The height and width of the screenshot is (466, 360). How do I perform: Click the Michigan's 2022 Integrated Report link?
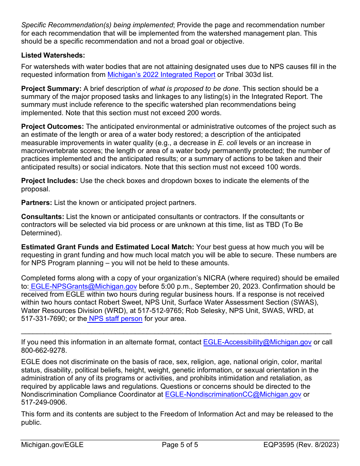coord(161,75)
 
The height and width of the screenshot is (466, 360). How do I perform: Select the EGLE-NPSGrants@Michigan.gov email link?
coord(83,286)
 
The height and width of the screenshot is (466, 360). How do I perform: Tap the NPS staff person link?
coord(116,319)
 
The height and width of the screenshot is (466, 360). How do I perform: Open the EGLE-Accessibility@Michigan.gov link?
coord(257,342)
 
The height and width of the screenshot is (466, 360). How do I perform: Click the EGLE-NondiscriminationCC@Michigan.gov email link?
coord(233,394)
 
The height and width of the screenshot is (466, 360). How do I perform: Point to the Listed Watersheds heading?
coord(53,55)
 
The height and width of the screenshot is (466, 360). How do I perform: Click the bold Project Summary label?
coord(51,89)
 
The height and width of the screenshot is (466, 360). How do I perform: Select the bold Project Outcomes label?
coord(52,127)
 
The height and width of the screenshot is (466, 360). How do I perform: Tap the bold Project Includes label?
coord(50,181)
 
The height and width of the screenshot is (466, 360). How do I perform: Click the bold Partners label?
coord(36,203)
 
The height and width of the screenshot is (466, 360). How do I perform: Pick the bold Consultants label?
coord(42,217)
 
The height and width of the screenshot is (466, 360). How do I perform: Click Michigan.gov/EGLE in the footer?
coord(52,445)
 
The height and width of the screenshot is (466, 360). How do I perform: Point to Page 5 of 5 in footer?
coord(180,445)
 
